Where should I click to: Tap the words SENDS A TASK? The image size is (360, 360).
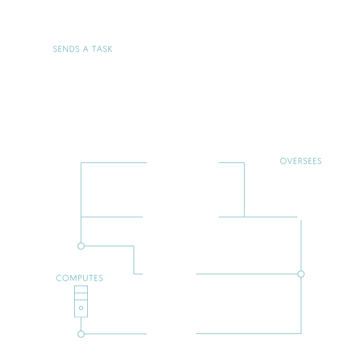[x=83, y=49]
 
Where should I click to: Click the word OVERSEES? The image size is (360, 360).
[x=301, y=161]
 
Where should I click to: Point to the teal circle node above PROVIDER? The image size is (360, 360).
[x=81, y=246]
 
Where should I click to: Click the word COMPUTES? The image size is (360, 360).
[x=80, y=278]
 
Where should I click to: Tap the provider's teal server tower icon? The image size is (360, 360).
[x=81, y=301]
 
